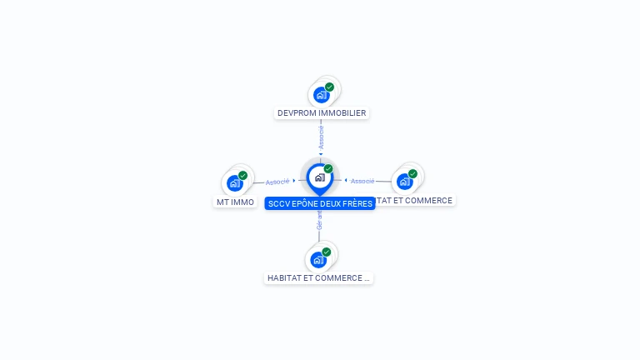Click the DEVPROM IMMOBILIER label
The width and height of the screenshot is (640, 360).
coord(322,112)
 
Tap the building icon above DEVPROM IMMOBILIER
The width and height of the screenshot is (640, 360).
coord(322,95)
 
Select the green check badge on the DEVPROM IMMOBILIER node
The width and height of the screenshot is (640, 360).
coord(329,87)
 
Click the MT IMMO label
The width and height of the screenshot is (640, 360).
coord(235,202)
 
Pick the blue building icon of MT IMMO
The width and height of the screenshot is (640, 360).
coord(235,183)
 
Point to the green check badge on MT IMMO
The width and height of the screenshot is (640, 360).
coord(242,175)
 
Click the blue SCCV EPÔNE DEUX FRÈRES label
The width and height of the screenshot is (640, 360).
coord(320,203)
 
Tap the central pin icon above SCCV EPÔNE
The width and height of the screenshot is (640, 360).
coord(319,177)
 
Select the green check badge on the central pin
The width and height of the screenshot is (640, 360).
coord(328,169)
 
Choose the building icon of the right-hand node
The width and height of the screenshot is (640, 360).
coord(405,181)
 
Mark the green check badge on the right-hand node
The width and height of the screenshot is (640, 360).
coord(412,173)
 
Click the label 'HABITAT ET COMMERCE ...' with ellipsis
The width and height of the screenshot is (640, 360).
coord(318,277)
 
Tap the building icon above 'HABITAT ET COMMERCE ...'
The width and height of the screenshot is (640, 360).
coord(318,260)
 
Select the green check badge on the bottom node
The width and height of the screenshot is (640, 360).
coord(326,252)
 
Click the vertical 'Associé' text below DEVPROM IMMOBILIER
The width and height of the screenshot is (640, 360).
coord(321,137)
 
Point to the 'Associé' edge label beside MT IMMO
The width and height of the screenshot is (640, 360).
coord(277,182)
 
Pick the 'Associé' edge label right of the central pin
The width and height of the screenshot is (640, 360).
coord(362,181)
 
